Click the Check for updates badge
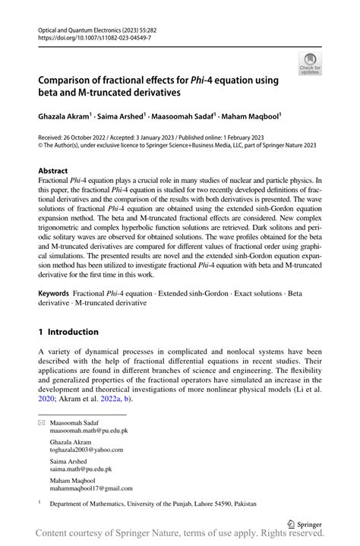tap(310, 65)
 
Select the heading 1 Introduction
tap(68, 332)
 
